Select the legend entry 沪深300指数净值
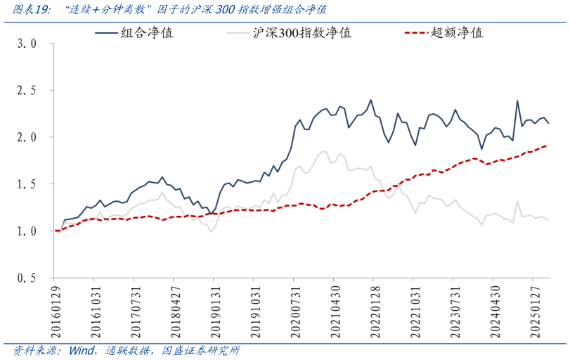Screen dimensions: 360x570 (302, 32)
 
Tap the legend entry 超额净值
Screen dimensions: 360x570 (456, 32)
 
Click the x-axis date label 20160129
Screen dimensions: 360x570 (56, 308)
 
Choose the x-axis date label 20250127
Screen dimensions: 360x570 (533, 308)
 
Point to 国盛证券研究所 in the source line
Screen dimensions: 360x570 (201, 350)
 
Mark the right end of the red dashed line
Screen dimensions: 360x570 (547, 146)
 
